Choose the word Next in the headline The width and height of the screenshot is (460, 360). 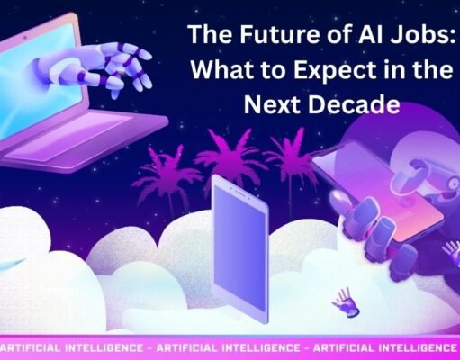click(277, 105)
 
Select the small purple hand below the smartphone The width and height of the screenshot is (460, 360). click(342, 301)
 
